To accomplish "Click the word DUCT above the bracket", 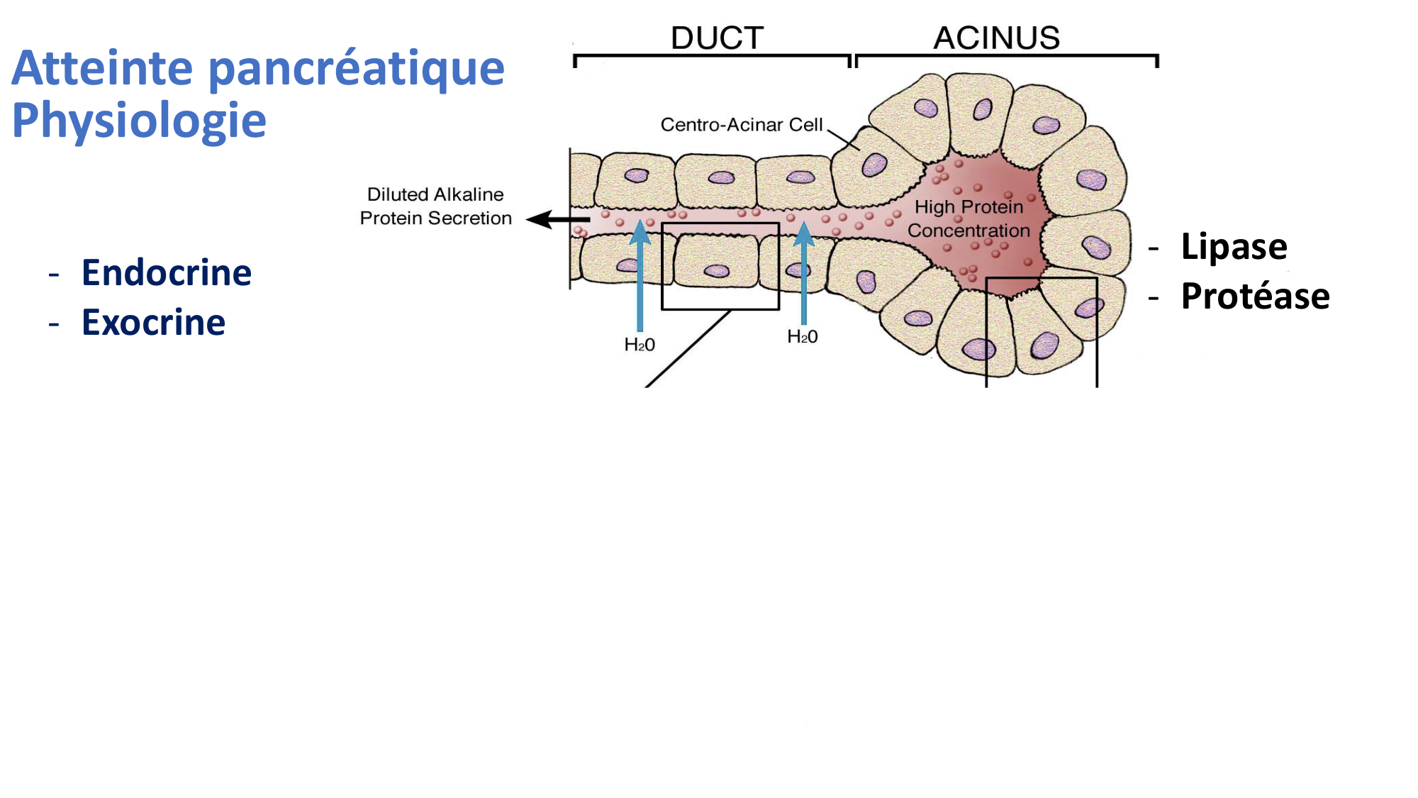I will point(717,38).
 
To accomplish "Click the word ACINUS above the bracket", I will point(996,38).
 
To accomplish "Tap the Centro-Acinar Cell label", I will point(741,125).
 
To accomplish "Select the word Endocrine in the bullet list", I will point(167,273).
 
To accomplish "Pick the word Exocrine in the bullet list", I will point(153,323).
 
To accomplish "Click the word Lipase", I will point(1234,247).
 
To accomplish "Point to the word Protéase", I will point(1255,297).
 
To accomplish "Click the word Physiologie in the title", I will point(139,120).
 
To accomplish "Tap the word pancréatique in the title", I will point(356,68).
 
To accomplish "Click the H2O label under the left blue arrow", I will point(640,345).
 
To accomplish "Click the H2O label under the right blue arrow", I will point(803,337).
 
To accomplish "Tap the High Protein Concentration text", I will point(968,218).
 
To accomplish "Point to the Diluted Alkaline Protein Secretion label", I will point(435,206).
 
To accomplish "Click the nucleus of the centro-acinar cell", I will point(873,165).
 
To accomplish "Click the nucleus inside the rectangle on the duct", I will point(717,270).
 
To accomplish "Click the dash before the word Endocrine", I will point(54,274).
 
